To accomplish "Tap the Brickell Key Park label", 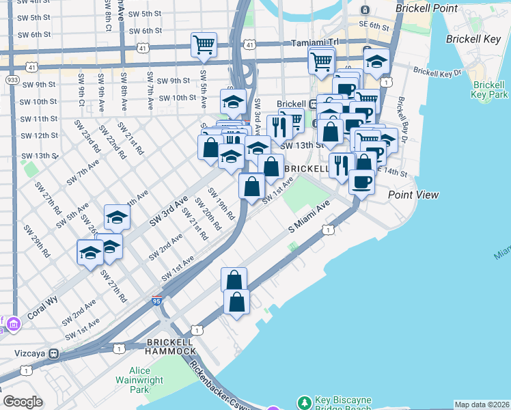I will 490,90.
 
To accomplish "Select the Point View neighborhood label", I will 413,195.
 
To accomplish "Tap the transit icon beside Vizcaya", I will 53,354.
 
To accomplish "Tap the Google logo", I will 23,402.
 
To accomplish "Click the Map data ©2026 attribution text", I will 481,405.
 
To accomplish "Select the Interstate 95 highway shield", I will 157,300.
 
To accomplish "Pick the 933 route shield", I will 12,80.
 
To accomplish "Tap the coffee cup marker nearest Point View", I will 361,182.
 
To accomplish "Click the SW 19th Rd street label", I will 221,203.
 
